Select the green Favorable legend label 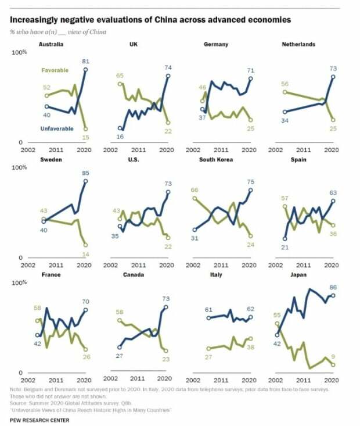pos(55,70)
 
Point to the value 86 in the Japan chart pos(333,287)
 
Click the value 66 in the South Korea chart pos(195,190)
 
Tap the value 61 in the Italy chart pos(208,310)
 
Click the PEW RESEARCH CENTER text pos(39,420)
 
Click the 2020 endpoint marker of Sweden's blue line pos(85,181)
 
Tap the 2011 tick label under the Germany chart pos(222,149)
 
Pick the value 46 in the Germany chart pos(203,87)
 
